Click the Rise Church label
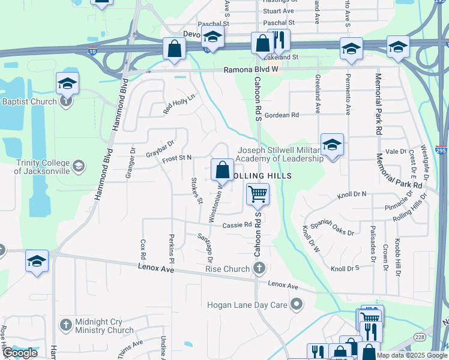point(228,269)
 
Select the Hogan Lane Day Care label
point(247,305)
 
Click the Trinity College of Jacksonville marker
point(78,166)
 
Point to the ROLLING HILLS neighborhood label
point(262,175)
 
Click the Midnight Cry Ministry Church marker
point(67,325)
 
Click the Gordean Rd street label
point(282,115)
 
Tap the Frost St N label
point(177,158)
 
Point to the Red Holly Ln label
point(179,104)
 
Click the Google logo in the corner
point(20,353)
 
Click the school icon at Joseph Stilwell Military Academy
point(332,145)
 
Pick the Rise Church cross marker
point(259,268)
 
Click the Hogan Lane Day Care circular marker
point(295,305)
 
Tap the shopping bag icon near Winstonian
point(222,170)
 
